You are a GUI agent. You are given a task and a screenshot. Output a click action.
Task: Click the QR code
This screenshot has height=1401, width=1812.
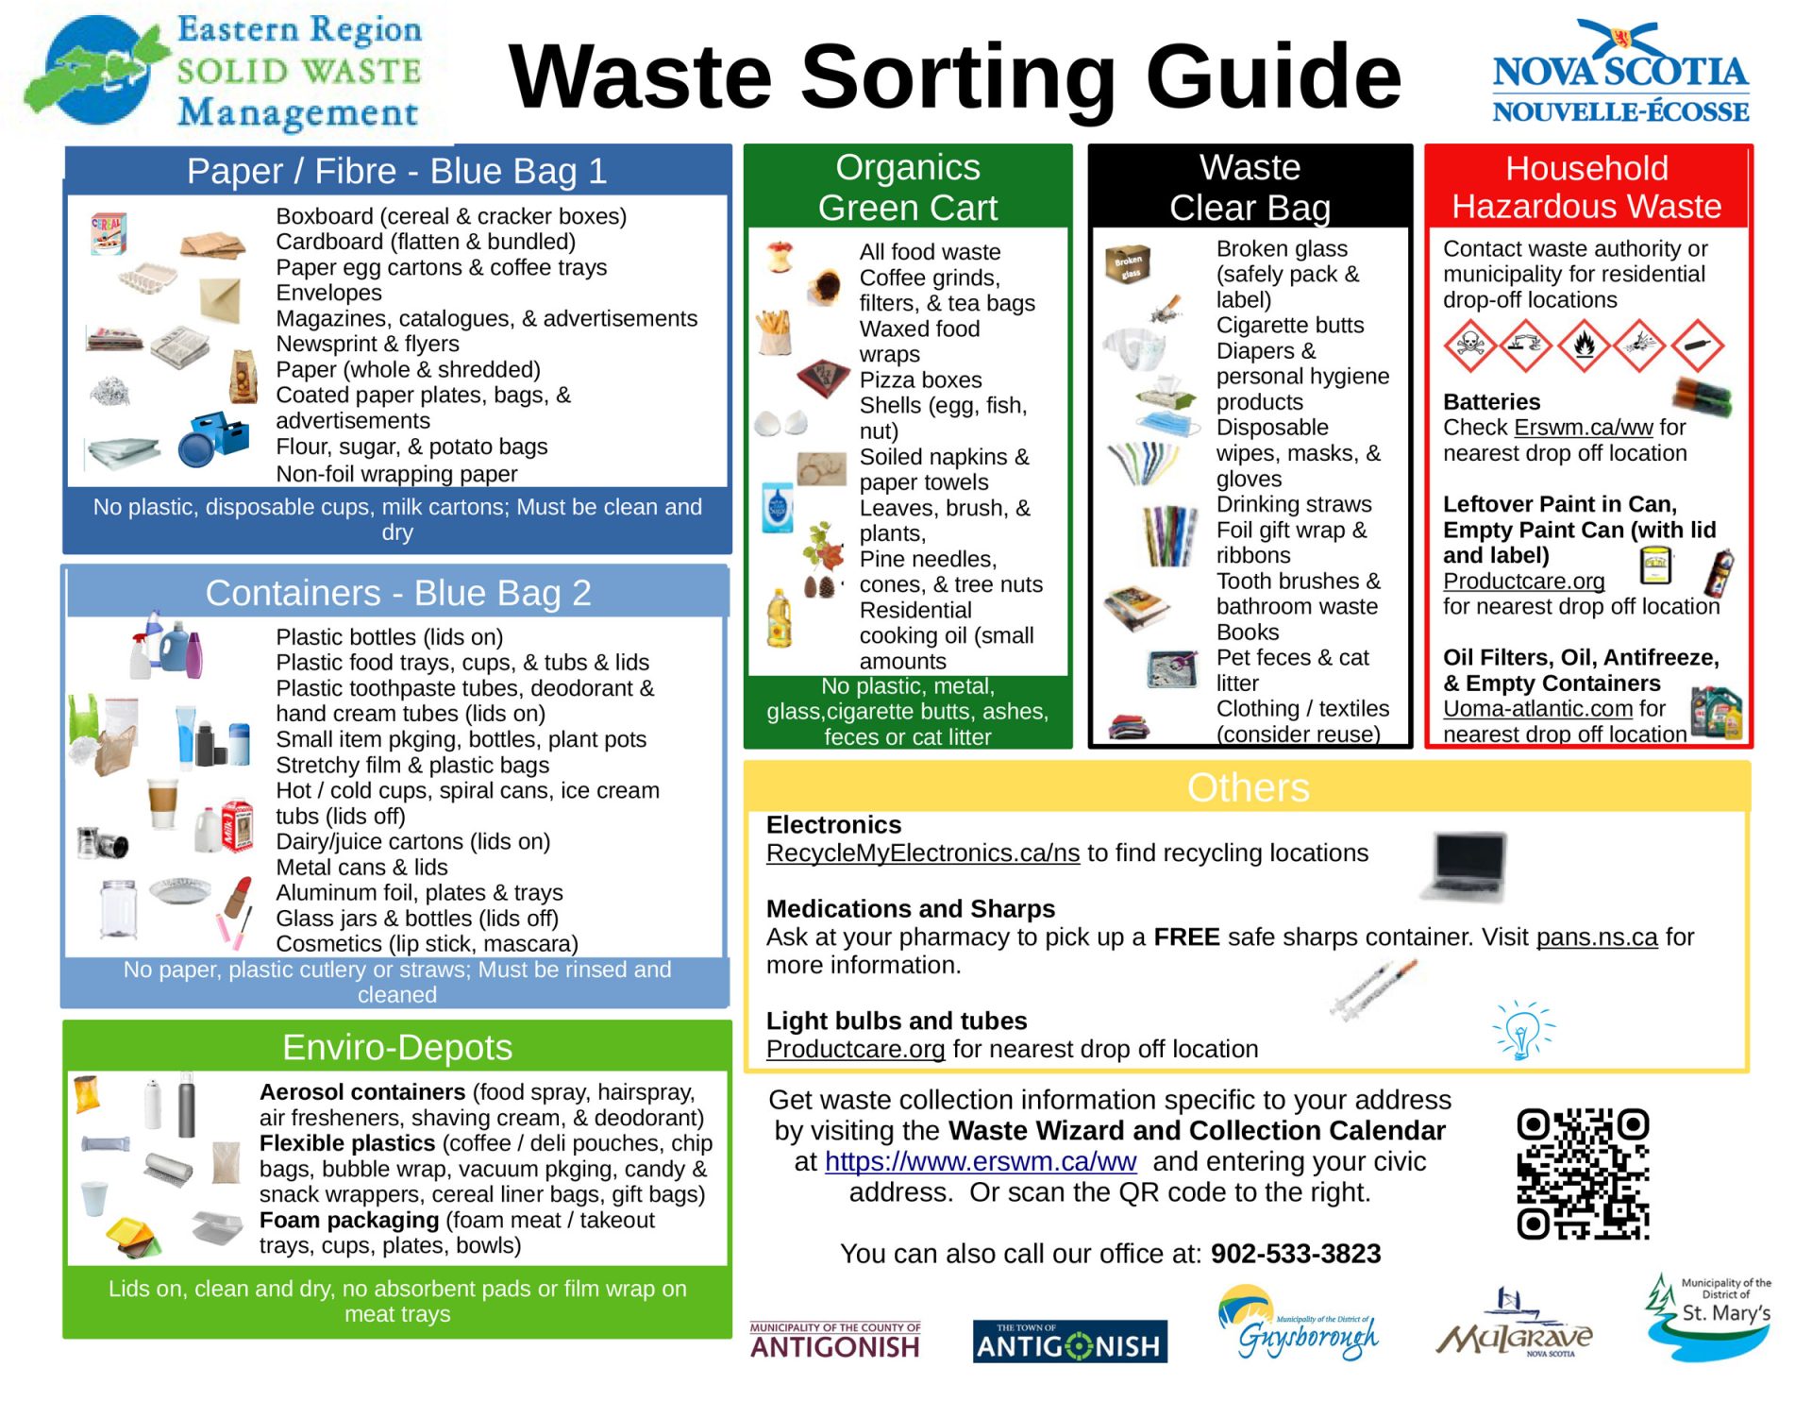pyautogui.click(x=1583, y=1173)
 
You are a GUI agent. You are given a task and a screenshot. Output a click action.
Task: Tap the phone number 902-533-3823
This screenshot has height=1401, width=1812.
pyautogui.click(x=1295, y=1254)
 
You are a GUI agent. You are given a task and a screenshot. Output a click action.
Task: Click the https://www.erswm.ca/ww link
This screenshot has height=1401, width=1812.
pyautogui.click(x=980, y=1162)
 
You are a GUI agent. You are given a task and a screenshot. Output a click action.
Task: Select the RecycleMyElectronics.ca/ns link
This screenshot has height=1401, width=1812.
pyautogui.click(x=922, y=853)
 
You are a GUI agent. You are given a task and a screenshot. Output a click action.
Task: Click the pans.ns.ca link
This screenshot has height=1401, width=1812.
pyautogui.click(x=1596, y=937)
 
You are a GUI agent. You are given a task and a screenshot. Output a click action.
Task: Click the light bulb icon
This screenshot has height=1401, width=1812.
pyautogui.click(x=1521, y=1031)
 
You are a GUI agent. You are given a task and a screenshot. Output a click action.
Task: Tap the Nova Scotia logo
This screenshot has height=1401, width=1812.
pyautogui.click(x=1619, y=74)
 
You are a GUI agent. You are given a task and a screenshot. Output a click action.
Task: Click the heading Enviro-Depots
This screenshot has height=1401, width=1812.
pyautogui.click(x=396, y=1048)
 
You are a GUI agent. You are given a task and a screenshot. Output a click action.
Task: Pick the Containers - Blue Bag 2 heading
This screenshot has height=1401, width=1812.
pyautogui.click(x=397, y=593)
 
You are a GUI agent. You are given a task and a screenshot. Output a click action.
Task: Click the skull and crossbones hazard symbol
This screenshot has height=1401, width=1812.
pyautogui.click(x=1468, y=346)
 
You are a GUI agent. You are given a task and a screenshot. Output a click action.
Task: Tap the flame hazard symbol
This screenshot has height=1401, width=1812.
pyautogui.click(x=1583, y=346)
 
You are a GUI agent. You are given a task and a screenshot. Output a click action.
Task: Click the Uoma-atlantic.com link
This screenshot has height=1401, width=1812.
pyautogui.click(x=1536, y=709)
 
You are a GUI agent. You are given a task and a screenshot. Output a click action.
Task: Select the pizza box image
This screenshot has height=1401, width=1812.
pyautogui.click(x=822, y=379)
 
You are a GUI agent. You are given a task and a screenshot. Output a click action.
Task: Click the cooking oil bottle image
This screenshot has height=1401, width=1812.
pyautogui.click(x=779, y=619)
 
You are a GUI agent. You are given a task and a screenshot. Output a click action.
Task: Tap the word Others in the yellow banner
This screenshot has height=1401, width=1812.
pyautogui.click(x=1247, y=787)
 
